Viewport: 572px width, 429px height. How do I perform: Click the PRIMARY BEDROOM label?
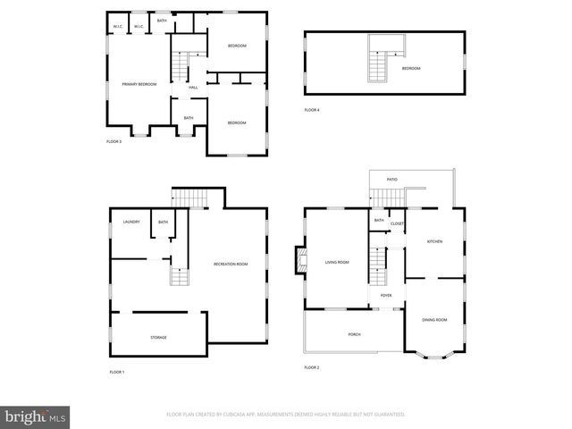click(x=139, y=84)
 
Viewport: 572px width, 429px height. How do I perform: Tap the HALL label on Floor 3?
click(x=193, y=87)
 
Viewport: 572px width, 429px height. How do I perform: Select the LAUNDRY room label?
click(x=130, y=222)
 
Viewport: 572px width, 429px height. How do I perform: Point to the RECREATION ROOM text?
click(x=231, y=264)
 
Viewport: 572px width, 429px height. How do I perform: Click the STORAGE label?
click(x=158, y=337)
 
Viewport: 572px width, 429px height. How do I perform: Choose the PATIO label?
click(x=391, y=179)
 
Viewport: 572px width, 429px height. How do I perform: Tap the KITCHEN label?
click(x=434, y=241)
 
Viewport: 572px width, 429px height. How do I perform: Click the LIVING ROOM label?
click(x=337, y=262)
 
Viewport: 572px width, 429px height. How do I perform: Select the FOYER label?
click(x=386, y=295)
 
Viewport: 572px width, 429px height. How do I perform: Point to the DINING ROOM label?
click(x=434, y=319)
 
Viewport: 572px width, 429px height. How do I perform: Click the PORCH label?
click(x=354, y=334)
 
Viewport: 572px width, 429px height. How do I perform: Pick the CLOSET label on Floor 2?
click(x=397, y=223)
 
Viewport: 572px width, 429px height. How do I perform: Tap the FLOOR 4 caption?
click(x=311, y=110)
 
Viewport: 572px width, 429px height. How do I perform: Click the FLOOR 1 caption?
click(x=117, y=371)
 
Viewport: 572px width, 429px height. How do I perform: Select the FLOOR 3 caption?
click(x=114, y=141)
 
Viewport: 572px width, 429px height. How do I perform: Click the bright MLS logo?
click(x=36, y=416)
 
